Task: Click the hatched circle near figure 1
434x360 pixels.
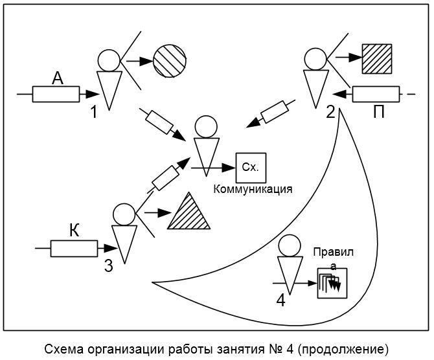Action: pyautogui.click(x=170, y=61)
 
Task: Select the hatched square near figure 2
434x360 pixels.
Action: pyautogui.click(x=377, y=59)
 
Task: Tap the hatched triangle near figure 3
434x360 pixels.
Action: pyautogui.click(x=188, y=211)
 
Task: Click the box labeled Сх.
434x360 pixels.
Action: pyautogui.click(x=251, y=168)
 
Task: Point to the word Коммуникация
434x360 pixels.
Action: pyautogui.click(x=253, y=189)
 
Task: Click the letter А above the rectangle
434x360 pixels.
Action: pyautogui.click(x=58, y=78)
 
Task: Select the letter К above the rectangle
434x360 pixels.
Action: pyautogui.click(x=74, y=231)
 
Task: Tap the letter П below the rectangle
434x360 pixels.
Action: pyautogui.click(x=379, y=112)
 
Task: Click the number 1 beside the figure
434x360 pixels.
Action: pyautogui.click(x=95, y=112)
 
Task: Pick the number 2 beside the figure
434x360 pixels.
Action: pyautogui.click(x=330, y=112)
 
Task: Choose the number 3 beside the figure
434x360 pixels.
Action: pyautogui.click(x=109, y=265)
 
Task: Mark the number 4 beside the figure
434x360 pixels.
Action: pyautogui.click(x=280, y=300)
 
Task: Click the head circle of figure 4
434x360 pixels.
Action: pyautogui.click(x=290, y=246)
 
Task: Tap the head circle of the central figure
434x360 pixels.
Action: pyautogui.click(x=206, y=127)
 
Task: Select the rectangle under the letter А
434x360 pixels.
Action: pyautogui.click(x=56, y=94)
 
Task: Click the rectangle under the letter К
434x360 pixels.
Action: pyautogui.click(x=74, y=249)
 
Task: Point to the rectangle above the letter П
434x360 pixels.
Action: pyautogui.click(x=376, y=94)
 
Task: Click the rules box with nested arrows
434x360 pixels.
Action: pyautogui.click(x=332, y=283)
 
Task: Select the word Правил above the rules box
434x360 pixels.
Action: pyautogui.click(x=334, y=253)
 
